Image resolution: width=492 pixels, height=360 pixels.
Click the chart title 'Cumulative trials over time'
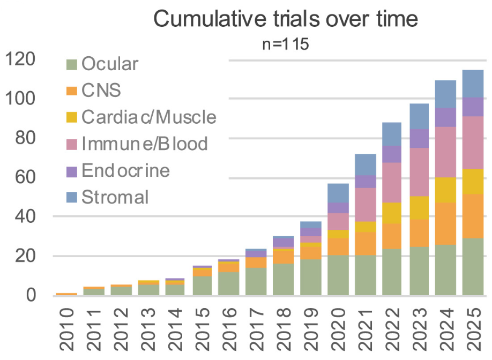[x=285, y=19]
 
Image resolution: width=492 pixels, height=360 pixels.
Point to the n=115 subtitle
[x=285, y=43]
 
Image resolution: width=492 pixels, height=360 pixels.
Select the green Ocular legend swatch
[x=72, y=65]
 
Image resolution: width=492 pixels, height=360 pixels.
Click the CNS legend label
[x=101, y=90]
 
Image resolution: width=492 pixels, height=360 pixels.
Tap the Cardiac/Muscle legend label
[x=149, y=117]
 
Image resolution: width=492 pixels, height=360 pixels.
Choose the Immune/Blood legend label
[x=145, y=144]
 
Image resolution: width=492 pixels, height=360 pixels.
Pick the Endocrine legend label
[x=125, y=170]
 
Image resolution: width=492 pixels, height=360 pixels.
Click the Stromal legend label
[x=115, y=197]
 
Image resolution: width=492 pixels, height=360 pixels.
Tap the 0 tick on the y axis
[x=31, y=295]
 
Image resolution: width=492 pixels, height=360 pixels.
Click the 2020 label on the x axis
[x=338, y=328]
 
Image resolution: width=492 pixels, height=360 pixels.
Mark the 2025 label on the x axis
[x=473, y=328]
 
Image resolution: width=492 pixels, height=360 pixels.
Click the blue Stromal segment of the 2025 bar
[x=473, y=84]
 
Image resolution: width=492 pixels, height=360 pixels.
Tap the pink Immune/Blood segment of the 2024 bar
[x=446, y=152]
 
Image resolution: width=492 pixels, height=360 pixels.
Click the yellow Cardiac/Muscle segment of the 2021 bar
[x=365, y=227]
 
